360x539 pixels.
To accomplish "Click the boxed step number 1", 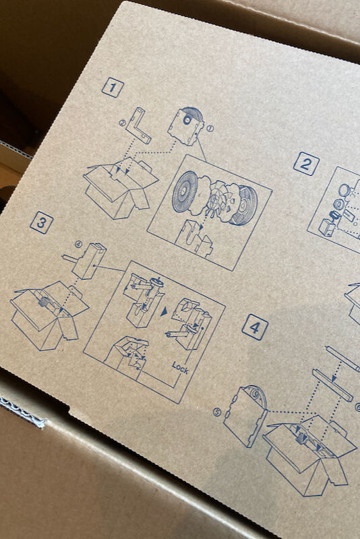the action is (113, 88).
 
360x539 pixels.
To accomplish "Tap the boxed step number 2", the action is (306, 164).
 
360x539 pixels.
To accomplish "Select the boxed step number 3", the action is (41, 223).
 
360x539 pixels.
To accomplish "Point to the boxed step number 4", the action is (255, 327).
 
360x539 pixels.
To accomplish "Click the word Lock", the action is (181, 367).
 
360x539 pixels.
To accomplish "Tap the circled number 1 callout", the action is (210, 129).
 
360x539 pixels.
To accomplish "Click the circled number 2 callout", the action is (123, 123).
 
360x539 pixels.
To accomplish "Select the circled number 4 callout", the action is (79, 245).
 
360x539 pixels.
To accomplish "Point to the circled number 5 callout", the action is (217, 412).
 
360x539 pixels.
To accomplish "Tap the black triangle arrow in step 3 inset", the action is (164, 311).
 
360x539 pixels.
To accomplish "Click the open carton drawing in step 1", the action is (121, 187).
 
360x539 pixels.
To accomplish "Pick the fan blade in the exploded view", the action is (216, 200).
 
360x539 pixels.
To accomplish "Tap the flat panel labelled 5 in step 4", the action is (245, 416).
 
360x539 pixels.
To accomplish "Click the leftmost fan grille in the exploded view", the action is (185, 192).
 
